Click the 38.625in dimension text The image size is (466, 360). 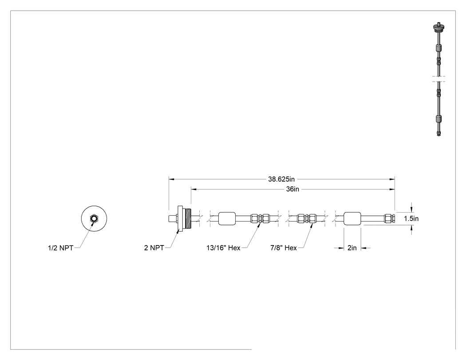tap(281, 179)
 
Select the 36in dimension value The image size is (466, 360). tap(292, 189)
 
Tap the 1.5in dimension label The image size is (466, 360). tap(411, 218)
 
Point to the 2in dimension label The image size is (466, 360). tap(352, 248)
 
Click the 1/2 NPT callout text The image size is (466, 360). tap(61, 248)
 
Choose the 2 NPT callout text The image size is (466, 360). tap(154, 248)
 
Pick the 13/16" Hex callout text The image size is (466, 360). tap(224, 248)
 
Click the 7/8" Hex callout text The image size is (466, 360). tap(284, 248)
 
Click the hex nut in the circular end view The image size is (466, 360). tap(94, 218)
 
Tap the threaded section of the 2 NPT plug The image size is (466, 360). tap(188, 218)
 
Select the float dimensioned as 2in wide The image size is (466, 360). tap(352, 218)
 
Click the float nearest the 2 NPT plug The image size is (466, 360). tap(227, 218)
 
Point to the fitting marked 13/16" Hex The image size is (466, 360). tap(260, 218)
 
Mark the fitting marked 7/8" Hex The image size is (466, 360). tap(308, 218)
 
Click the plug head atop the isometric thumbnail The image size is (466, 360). tap(438, 28)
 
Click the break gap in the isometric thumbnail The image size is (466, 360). tap(438, 79)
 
